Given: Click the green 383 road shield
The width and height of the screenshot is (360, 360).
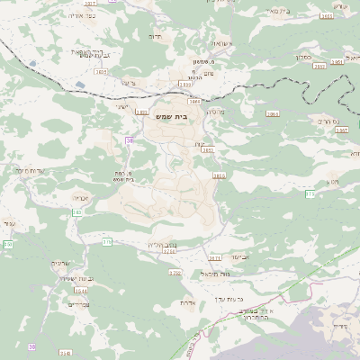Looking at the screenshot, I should click(x=76, y=212).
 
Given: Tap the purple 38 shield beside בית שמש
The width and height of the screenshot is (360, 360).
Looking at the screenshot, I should click(x=130, y=140).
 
